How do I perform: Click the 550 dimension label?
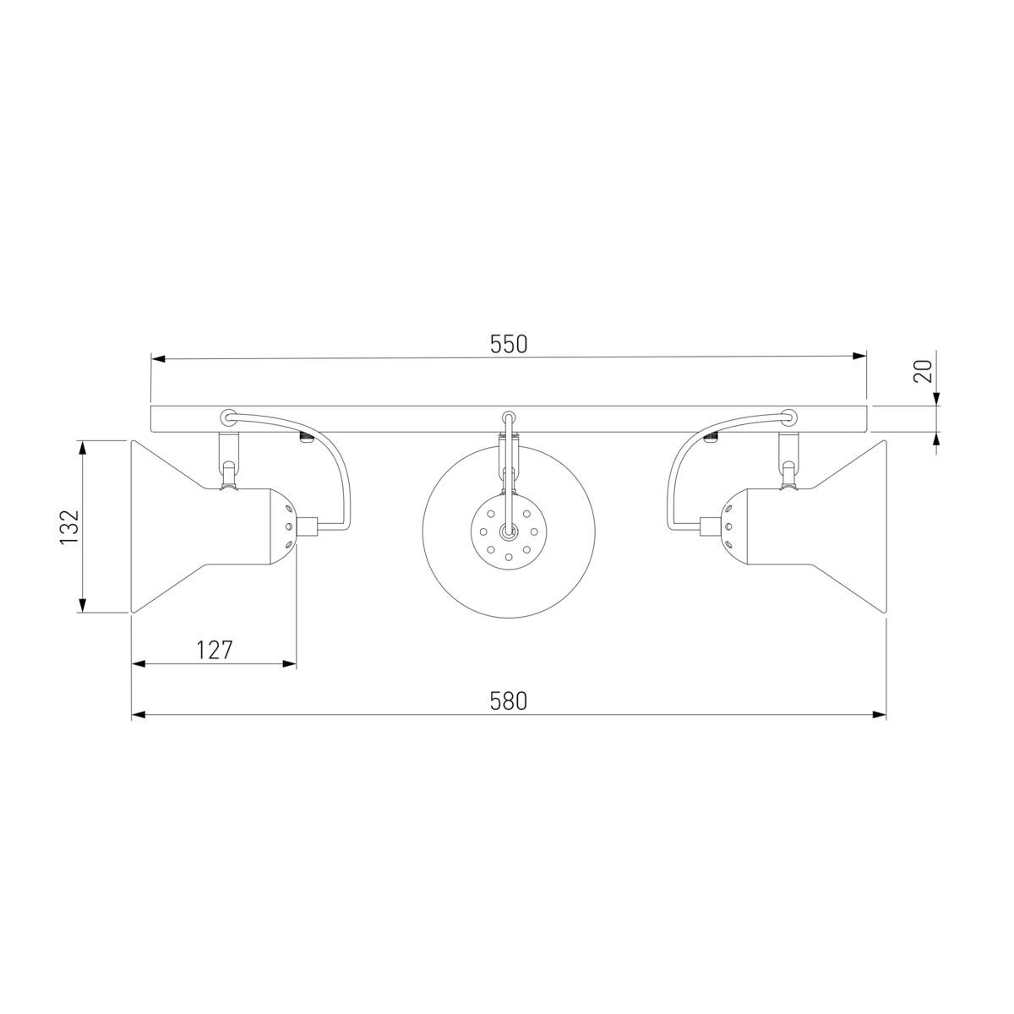point(508,344)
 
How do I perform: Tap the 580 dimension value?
point(508,701)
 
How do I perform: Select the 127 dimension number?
point(214,651)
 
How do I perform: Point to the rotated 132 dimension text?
point(69,527)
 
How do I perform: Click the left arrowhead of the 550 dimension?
point(158,358)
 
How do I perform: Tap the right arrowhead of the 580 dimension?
point(880,715)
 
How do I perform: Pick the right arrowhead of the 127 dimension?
point(290,664)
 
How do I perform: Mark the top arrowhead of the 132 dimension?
point(82,448)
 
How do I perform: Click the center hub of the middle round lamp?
point(509,532)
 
